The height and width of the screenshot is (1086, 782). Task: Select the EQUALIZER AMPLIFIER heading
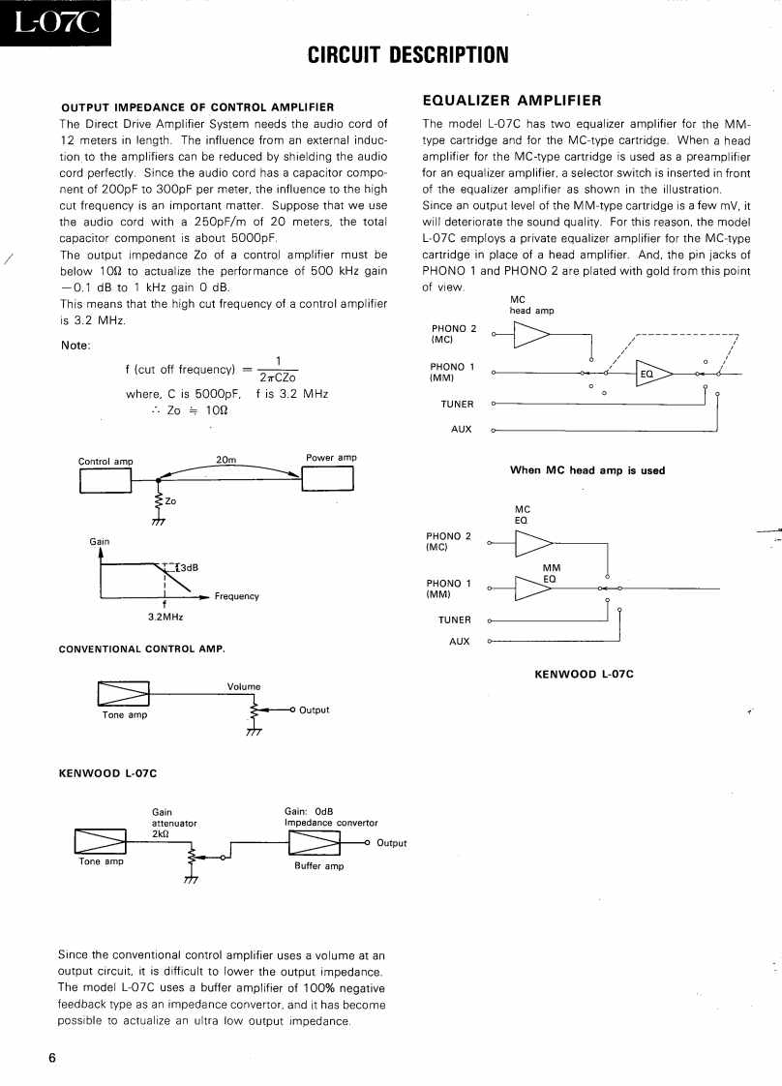[x=513, y=100]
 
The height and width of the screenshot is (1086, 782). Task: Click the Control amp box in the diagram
[x=105, y=480]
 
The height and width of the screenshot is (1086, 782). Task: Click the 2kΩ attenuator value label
[x=161, y=833]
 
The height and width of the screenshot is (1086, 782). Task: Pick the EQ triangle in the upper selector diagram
[x=653, y=373]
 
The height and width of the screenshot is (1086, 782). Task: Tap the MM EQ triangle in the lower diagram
[x=531, y=588]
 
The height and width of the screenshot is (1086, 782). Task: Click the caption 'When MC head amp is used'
[x=587, y=470]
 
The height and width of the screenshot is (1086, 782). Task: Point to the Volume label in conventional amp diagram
[x=244, y=686]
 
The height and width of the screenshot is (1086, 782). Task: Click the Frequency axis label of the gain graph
[x=237, y=596]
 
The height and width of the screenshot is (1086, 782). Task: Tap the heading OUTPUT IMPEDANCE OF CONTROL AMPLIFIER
[x=197, y=106]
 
